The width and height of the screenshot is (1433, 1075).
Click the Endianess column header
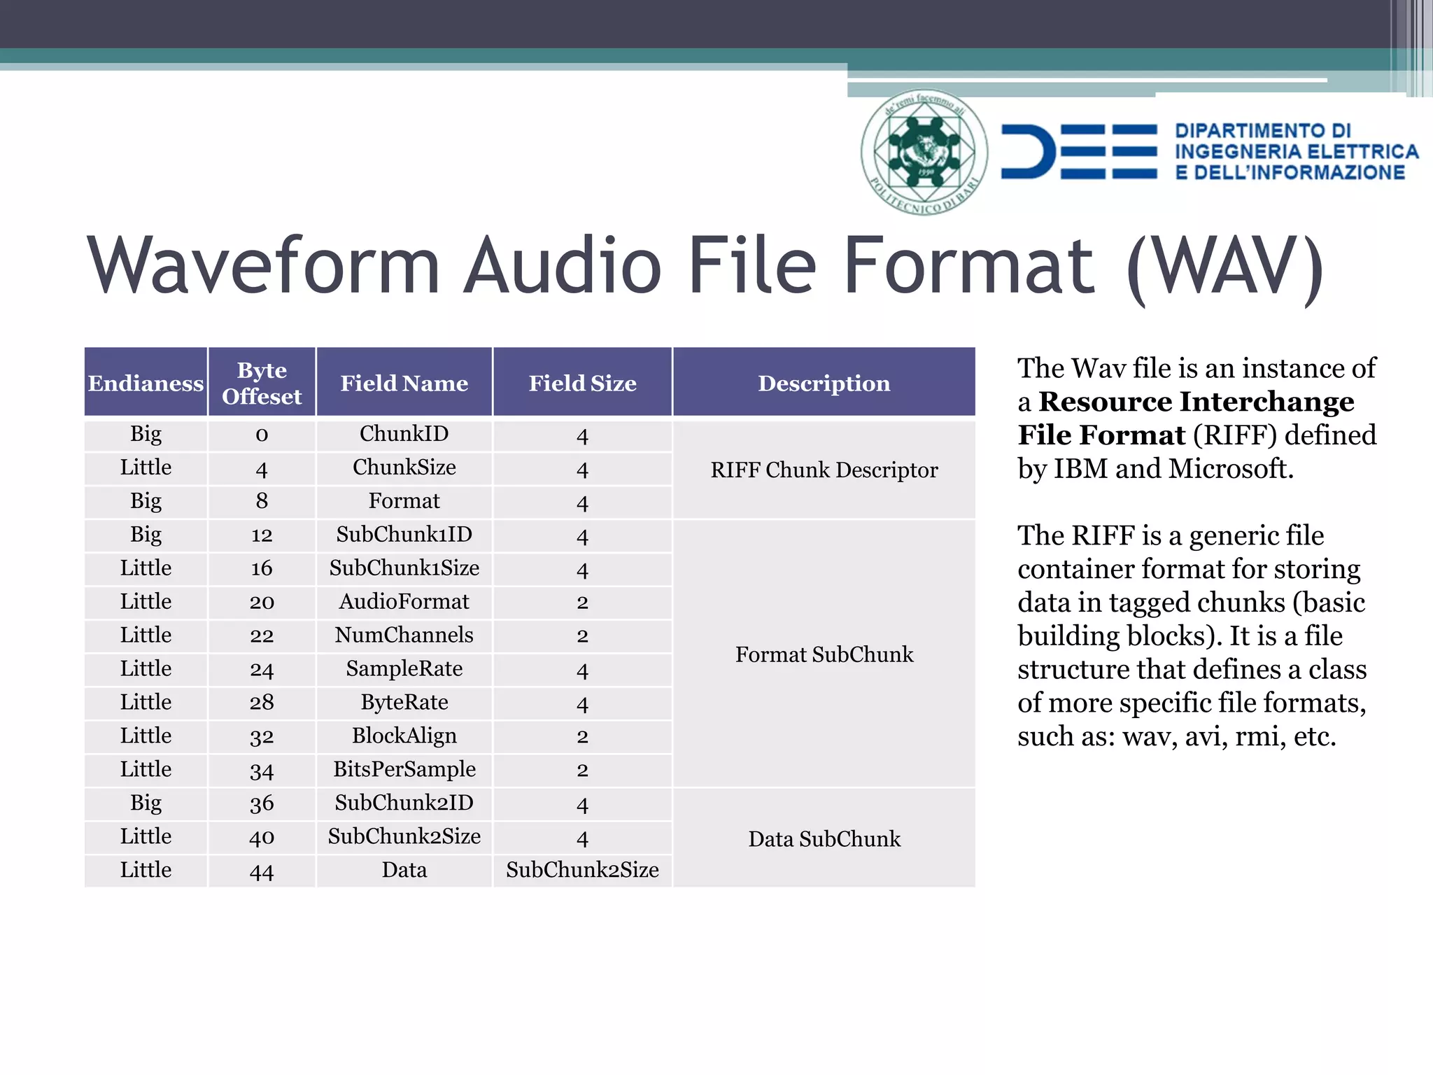(x=146, y=383)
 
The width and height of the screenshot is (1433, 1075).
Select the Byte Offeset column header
(x=262, y=383)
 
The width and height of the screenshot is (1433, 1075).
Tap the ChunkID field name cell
(x=404, y=434)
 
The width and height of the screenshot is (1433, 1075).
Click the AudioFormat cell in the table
(x=404, y=602)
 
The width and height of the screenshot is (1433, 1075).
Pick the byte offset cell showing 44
(x=262, y=871)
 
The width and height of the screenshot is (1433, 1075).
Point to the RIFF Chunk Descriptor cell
(x=824, y=470)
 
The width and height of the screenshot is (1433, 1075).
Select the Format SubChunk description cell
(x=824, y=654)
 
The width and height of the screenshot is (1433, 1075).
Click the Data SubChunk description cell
(x=824, y=838)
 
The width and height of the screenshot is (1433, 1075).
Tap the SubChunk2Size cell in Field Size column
(x=582, y=870)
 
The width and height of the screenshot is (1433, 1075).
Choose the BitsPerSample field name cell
(x=404, y=769)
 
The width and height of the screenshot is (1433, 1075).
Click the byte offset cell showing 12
(x=262, y=535)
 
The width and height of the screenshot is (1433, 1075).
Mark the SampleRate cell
(x=404, y=669)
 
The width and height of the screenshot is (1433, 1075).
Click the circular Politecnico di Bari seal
(x=924, y=152)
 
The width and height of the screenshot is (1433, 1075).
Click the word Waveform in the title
(x=264, y=266)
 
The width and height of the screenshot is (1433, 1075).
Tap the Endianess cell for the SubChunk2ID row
(x=146, y=803)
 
